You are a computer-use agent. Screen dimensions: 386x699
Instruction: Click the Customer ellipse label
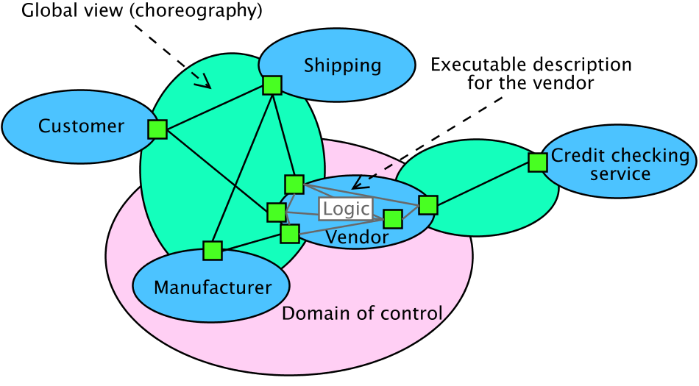pos(81,126)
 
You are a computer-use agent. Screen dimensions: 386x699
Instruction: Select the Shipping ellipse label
pos(342,65)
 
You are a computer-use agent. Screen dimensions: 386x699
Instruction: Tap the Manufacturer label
pos(213,287)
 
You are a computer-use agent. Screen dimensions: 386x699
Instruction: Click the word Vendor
pos(357,237)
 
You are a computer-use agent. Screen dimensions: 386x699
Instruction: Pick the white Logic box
pos(346,209)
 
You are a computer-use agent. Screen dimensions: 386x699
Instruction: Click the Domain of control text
pos(362,314)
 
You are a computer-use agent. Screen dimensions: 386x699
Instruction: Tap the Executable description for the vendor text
pos(531,74)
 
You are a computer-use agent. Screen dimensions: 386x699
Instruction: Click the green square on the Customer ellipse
pos(157,129)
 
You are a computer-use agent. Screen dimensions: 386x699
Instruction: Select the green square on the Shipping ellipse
pos(272,85)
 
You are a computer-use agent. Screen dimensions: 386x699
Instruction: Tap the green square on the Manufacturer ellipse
pos(213,251)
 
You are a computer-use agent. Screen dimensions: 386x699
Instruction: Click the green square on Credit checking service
pos(537,162)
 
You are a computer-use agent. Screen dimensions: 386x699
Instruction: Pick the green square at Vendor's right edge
pos(428,204)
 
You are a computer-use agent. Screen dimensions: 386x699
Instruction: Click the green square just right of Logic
pos(393,218)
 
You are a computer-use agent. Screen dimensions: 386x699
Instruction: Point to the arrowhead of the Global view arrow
pos(205,83)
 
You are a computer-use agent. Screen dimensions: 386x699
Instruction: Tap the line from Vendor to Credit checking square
pos(483,184)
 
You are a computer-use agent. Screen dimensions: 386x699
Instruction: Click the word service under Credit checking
pos(620,174)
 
